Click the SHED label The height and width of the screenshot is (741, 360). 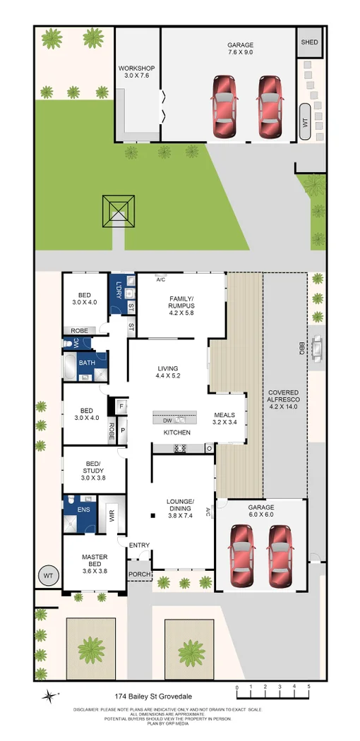tap(309, 42)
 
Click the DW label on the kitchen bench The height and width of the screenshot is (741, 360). tap(167, 419)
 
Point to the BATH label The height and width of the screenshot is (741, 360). tap(87, 363)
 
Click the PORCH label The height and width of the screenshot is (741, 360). tap(139, 574)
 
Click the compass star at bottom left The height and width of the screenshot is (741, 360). tap(48, 696)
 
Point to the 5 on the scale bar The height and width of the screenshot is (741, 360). tap(308, 686)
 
